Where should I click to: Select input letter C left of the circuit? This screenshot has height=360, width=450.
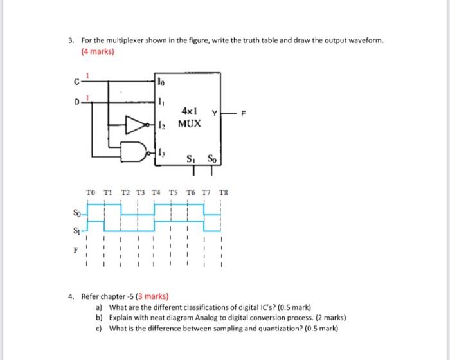pyautogui.click(x=76, y=82)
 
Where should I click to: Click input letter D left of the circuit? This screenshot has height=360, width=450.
pyautogui.click(x=76, y=102)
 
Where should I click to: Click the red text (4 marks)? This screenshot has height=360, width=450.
pyautogui.click(x=96, y=52)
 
